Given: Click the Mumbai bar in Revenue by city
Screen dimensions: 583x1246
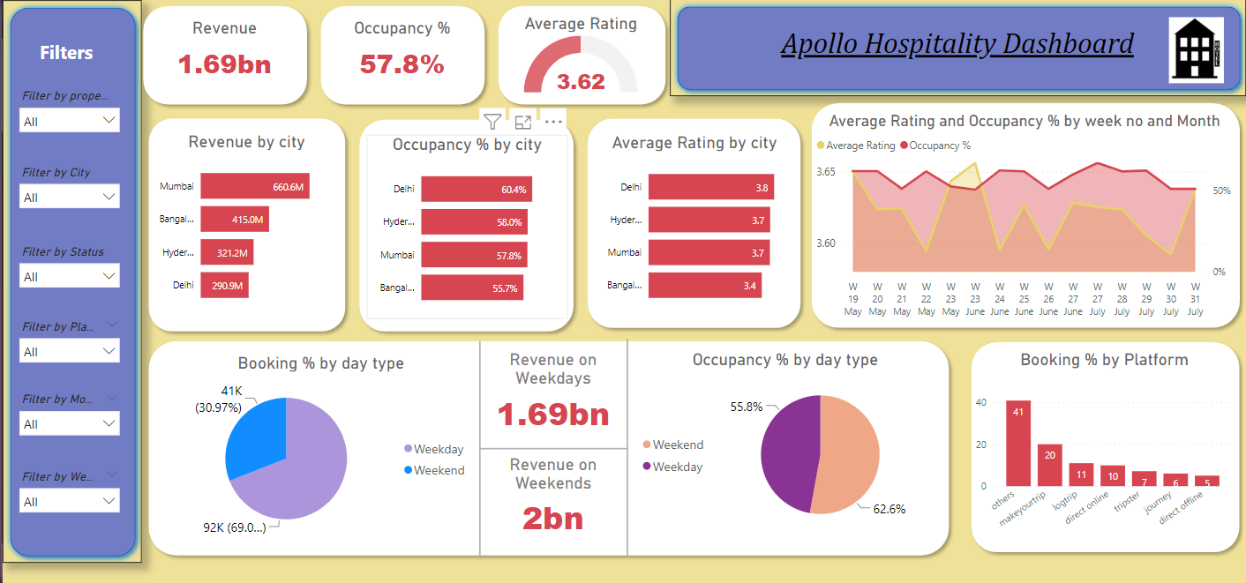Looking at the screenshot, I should [254, 186].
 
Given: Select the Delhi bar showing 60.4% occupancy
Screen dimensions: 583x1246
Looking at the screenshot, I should [476, 190].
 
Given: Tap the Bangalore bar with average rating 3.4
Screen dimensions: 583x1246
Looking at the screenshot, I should [704, 285].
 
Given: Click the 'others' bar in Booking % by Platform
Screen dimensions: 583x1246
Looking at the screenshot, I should [1018, 443].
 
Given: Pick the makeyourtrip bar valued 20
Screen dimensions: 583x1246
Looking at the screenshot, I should [1050, 464].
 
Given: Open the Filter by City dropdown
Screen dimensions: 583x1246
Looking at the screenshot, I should [70, 197].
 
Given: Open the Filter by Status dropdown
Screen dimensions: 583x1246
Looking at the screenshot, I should [70, 276].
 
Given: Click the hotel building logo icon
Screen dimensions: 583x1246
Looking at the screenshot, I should [1196, 50].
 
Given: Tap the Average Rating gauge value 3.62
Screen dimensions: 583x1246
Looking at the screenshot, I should [581, 82].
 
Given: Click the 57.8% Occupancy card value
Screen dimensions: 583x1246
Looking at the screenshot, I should [402, 64].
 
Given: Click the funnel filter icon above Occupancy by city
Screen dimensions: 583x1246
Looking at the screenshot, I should [492, 122].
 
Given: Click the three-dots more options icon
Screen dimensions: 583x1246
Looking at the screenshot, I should [553, 122].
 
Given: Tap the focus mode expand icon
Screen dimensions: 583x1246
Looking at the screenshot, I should [523, 122].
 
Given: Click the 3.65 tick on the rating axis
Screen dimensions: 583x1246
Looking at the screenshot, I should [825, 172].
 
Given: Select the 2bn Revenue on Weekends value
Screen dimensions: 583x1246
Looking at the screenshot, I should [553, 518].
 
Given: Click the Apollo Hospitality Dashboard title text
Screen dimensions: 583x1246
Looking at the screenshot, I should [957, 43].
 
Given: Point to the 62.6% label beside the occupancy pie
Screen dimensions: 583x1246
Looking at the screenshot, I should [889, 509].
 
